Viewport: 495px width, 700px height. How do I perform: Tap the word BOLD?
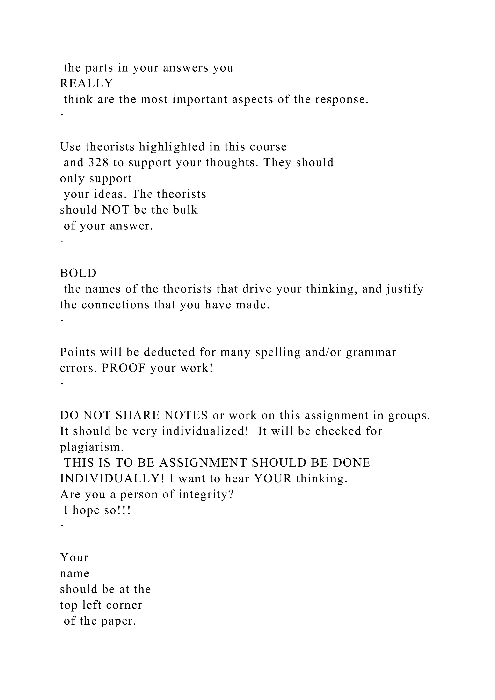78,273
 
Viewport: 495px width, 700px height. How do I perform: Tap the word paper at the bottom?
119,621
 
